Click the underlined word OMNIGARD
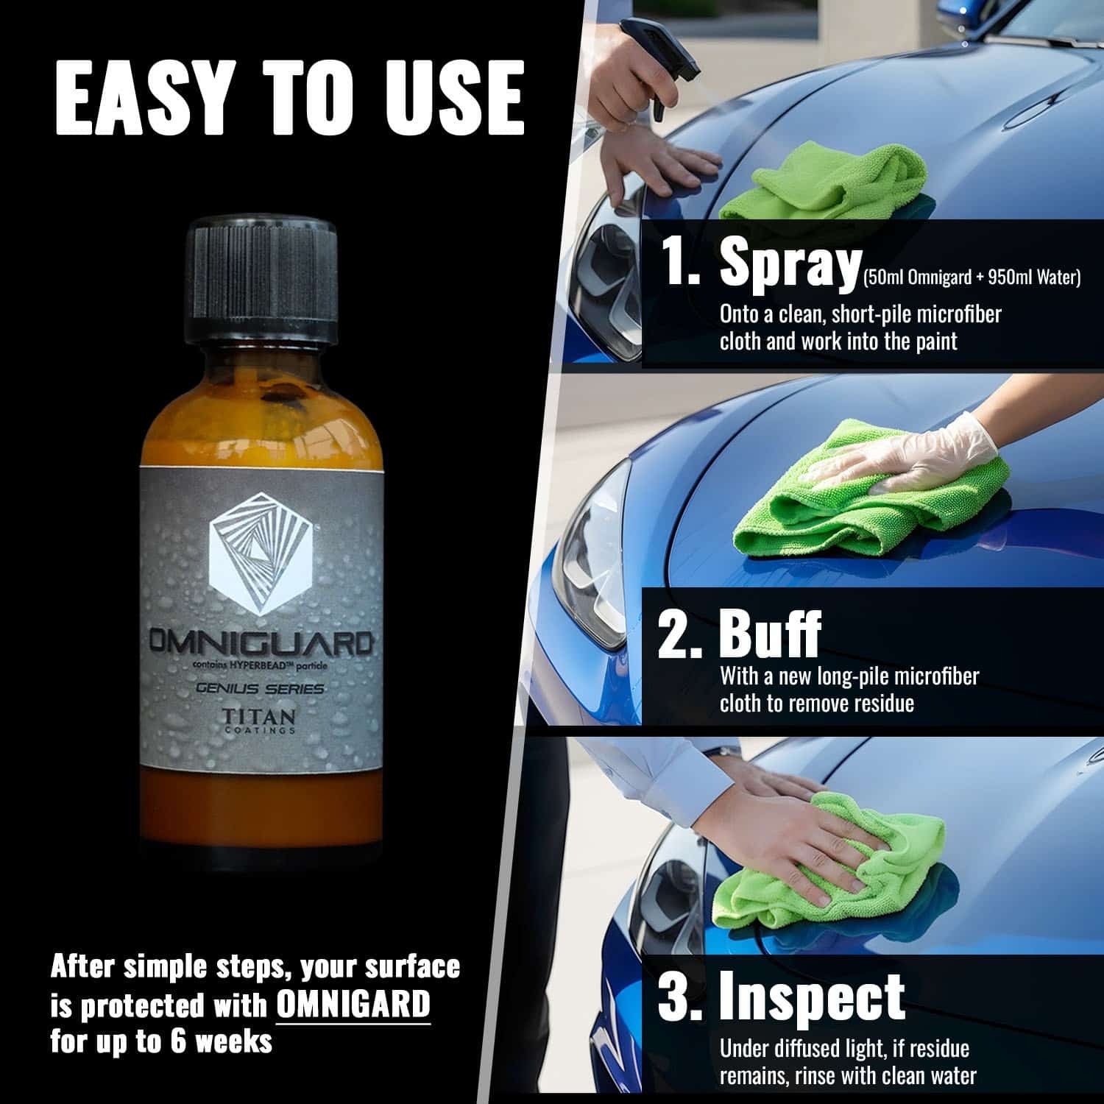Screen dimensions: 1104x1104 coord(353,1003)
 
